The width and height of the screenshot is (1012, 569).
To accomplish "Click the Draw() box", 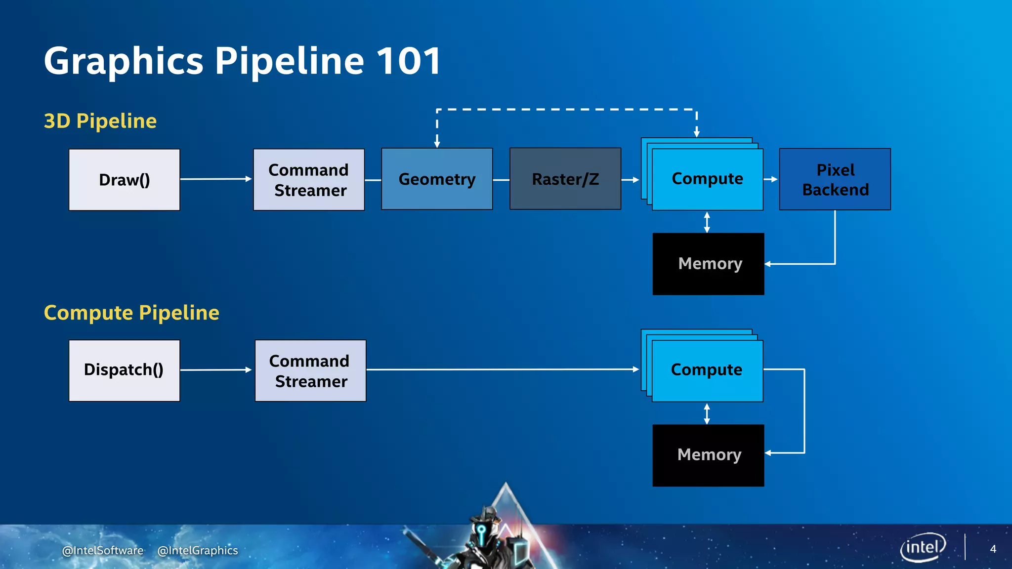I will click(124, 180).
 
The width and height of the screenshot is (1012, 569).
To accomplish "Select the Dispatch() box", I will click(124, 370).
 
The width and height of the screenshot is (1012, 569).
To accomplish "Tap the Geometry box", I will click(437, 179).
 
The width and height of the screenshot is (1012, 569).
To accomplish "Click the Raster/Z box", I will click(565, 179).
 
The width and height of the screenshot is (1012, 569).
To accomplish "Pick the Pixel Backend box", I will click(835, 179).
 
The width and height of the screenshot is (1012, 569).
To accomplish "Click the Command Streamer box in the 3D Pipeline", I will click(309, 180).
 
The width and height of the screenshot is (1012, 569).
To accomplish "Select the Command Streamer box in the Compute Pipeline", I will click(310, 370).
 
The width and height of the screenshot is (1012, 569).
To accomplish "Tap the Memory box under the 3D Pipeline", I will click(708, 264).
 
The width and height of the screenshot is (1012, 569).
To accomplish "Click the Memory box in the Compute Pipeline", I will click(708, 455).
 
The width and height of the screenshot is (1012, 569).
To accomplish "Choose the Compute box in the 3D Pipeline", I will click(708, 179).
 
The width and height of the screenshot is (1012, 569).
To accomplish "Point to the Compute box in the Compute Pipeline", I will click(707, 370).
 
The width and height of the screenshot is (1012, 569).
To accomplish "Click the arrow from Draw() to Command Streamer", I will click(216, 179).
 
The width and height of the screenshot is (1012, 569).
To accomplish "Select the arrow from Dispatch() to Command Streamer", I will click(216, 369).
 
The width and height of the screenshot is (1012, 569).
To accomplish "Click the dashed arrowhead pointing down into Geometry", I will click(437, 144).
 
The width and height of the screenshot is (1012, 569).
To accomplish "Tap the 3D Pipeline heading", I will click(100, 121).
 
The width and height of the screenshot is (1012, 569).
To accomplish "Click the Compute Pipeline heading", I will click(131, 313).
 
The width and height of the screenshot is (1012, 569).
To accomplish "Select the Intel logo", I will click(923, 547).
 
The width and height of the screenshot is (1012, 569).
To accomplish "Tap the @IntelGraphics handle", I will click(197, 550).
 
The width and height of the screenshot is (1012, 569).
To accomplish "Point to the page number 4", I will click(993, 549).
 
